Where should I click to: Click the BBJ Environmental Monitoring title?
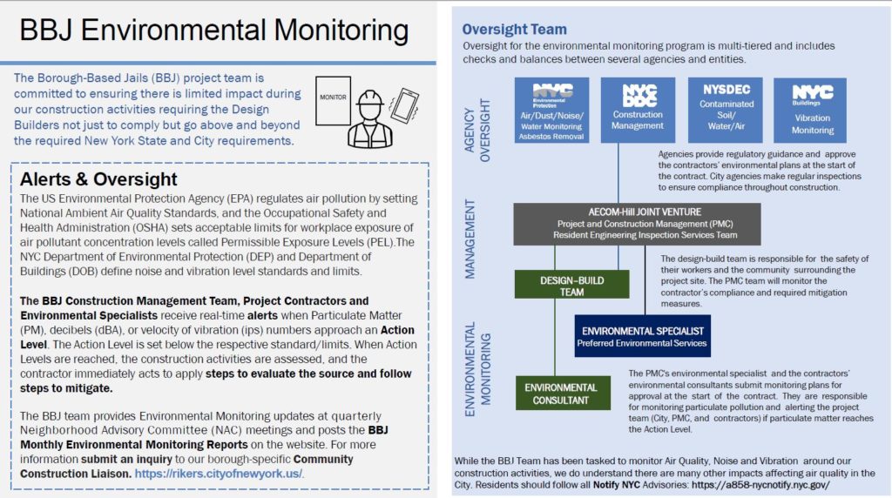(x=213, y=31)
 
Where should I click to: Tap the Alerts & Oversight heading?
(x=98, y=179)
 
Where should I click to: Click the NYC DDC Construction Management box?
(x=638, y=110)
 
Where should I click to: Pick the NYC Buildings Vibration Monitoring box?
(x=812, y=110)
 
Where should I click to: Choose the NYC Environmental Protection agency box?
(x=551, y=110)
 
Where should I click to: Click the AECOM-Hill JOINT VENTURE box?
(x=637, y=224)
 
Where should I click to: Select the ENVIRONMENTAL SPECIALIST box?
(x=643, y=336)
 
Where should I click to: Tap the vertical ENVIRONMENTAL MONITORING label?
(x=478, y=366)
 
